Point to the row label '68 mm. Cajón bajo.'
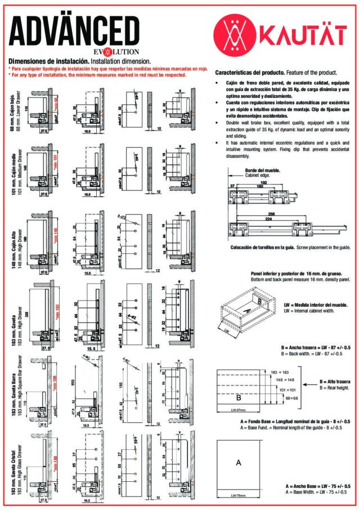click(11, 111)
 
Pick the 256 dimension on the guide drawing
click(272, 214)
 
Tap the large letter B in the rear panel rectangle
click(238, 397)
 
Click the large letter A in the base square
click(238, 463)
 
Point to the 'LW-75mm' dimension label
click(238, 495)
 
